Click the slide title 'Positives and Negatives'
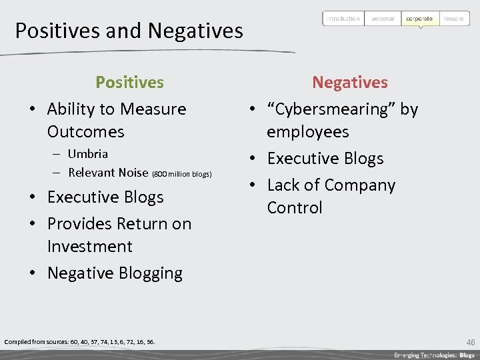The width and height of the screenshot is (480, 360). pyautogui.click(x=129, y=31)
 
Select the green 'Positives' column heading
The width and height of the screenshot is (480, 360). pyautogui.click(x=129, y=82)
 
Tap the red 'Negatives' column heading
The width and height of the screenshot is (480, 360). pyautogui.click(x=350, y=82)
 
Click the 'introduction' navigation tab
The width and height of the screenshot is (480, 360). pyautogui.click(x=343, y=19)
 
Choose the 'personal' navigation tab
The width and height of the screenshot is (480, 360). pyautogui.click(x=383, y=19)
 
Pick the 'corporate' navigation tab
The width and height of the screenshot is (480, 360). pyautogui.click(x=419, y=19)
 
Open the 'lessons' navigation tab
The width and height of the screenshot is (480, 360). pyautogui.click(x=454, y=19)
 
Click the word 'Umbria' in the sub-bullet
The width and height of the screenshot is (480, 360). pyautogui.click(x=87, y=154)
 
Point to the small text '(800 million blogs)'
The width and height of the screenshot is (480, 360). pyautogui.click(x=181, y=174)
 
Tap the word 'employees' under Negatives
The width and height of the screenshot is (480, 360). pyautogui.click(x=307, y=131)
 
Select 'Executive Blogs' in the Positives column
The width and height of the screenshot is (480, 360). pyautogui.click(x=105, y=197)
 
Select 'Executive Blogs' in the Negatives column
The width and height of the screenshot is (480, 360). pyautogui.click(x=325, y=159)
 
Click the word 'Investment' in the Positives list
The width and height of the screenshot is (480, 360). pyautogui.click(x=89, y=246)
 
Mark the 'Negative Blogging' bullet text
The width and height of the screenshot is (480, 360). pyautogui.click(x=115, y=273)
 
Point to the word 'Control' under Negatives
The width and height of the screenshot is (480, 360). pyautogui.click(x=295, y=207)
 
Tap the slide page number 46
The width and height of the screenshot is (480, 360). pyautogui.click(x=471, y=342)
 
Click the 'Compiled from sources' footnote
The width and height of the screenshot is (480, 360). pyautogui.click(x=79, y=342)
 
